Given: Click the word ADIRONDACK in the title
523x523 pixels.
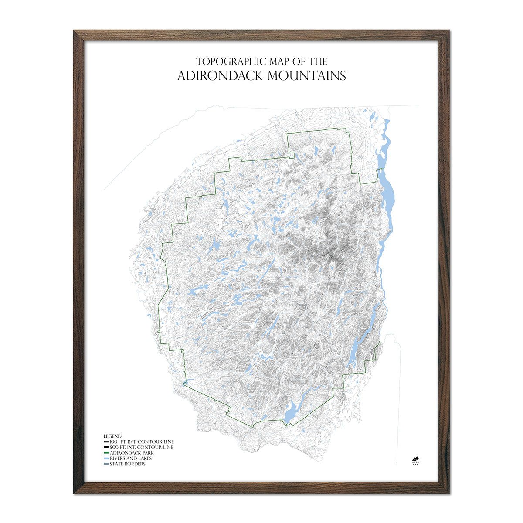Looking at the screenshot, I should tap(220, 75).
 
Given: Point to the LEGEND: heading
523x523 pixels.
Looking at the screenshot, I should tap(113, 436).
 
